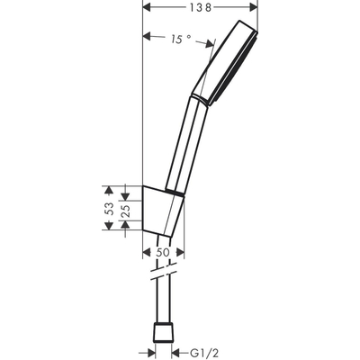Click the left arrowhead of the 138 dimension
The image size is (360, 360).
click(x=148, y=7)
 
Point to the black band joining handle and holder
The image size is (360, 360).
click(x=172, y=191)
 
